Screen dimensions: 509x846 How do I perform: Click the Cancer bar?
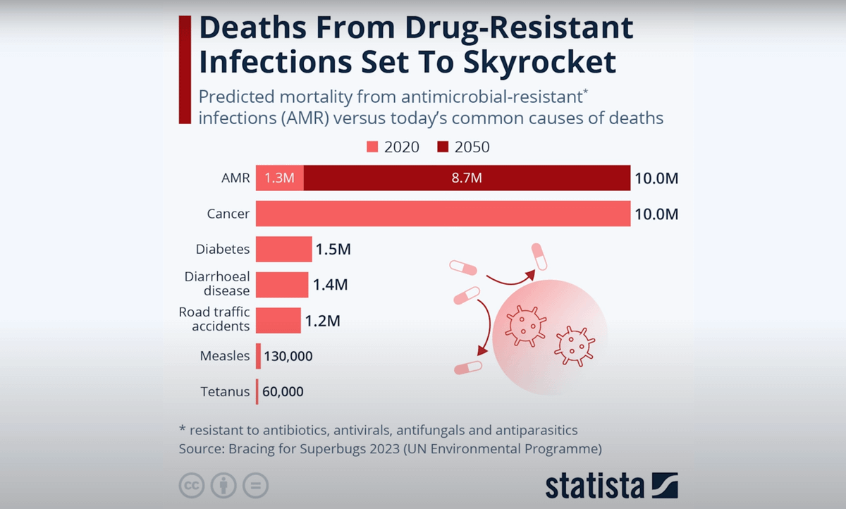443,214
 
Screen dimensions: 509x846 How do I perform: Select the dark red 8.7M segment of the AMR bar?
467,178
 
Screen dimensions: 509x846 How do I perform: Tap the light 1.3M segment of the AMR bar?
279,178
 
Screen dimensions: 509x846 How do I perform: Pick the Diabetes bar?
283,250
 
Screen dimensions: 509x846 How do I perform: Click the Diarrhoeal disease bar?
281,285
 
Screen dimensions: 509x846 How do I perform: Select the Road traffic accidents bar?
278,321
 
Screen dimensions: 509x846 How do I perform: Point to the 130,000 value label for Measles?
288,356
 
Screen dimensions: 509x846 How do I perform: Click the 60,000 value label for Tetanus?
283,391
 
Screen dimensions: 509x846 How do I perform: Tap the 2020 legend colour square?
373,147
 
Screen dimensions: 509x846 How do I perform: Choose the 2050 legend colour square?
443,147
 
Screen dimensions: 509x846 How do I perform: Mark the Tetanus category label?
226,391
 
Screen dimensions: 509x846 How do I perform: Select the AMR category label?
235,178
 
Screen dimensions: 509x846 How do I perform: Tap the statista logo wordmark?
594,486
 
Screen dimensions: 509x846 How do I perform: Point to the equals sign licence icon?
255,486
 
